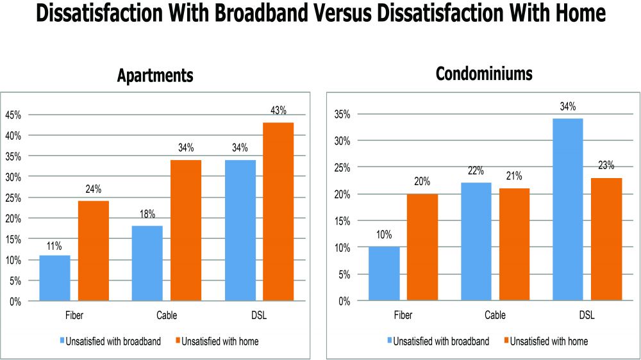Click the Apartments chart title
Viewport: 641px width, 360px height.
pyautogui.click(x=155, y=76)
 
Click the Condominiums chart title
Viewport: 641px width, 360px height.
pyautogui.click(x=484, y=74)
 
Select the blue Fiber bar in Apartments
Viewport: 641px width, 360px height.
pyautogui.click(x=54, y=277)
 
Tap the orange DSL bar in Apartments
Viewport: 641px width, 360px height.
pyautogui.click(x=278, y=211)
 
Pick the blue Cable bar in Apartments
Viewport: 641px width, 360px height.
pyautogui.click(x=147, y=263)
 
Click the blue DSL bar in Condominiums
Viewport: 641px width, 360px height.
pyautogui.click(x=568, y=209)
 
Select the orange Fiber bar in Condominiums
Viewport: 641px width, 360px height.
pyautogui.click(x=422, y=247)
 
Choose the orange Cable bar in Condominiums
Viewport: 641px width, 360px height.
pyautogui.click(x=514, y=244)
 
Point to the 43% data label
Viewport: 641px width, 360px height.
pyautogui.click(x=278, y=111)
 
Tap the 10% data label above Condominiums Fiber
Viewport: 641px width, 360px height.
pyautogui.click(x=383, y=235)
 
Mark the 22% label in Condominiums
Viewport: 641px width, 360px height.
pyautogui.click(x=476, y=171)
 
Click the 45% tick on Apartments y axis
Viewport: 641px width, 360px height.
pyautogui.click(x=13, y=115)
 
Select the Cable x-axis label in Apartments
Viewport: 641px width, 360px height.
pyautogui.click(x=166, y=316)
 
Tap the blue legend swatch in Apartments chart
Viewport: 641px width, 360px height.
pyautogui.click(x=62, y=341)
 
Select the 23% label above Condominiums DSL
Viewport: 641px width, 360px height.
pyautogui.click(x=606, y=166)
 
